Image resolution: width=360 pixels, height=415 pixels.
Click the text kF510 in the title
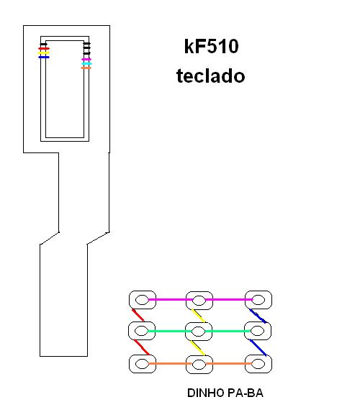click(x=212, y=46)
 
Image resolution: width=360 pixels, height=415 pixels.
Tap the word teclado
click(x=210, y=76)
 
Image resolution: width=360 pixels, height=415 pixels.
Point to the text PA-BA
click(x=246, y=393)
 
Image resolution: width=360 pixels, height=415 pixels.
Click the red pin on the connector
click(x=44, y=49)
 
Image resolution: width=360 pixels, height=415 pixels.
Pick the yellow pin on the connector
click(x=43, y=53)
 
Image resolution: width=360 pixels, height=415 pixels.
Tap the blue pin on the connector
click(x=44, y=57)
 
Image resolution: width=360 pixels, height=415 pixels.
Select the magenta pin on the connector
click(x=86, y=60)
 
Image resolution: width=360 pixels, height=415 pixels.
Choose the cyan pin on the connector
click(x=86, y=64)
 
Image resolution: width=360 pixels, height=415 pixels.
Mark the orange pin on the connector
click(x=86, y=68)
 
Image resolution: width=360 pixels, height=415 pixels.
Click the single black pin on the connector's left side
click(x=43, y=44)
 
